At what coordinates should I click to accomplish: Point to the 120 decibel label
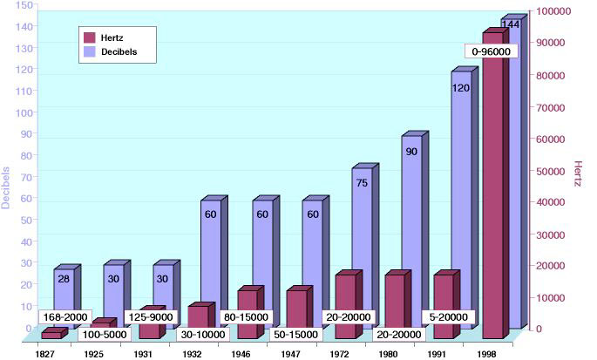pos(462,88)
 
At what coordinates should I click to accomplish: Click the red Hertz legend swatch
pos(90,37)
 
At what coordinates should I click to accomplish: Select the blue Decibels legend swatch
pos(90,52)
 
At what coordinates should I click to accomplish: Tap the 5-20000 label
pos(449,316)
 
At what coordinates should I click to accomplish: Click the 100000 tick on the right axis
pos(553,10)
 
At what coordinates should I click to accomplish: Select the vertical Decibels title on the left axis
pos(7,187)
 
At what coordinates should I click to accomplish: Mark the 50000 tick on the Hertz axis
pos(553,170)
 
